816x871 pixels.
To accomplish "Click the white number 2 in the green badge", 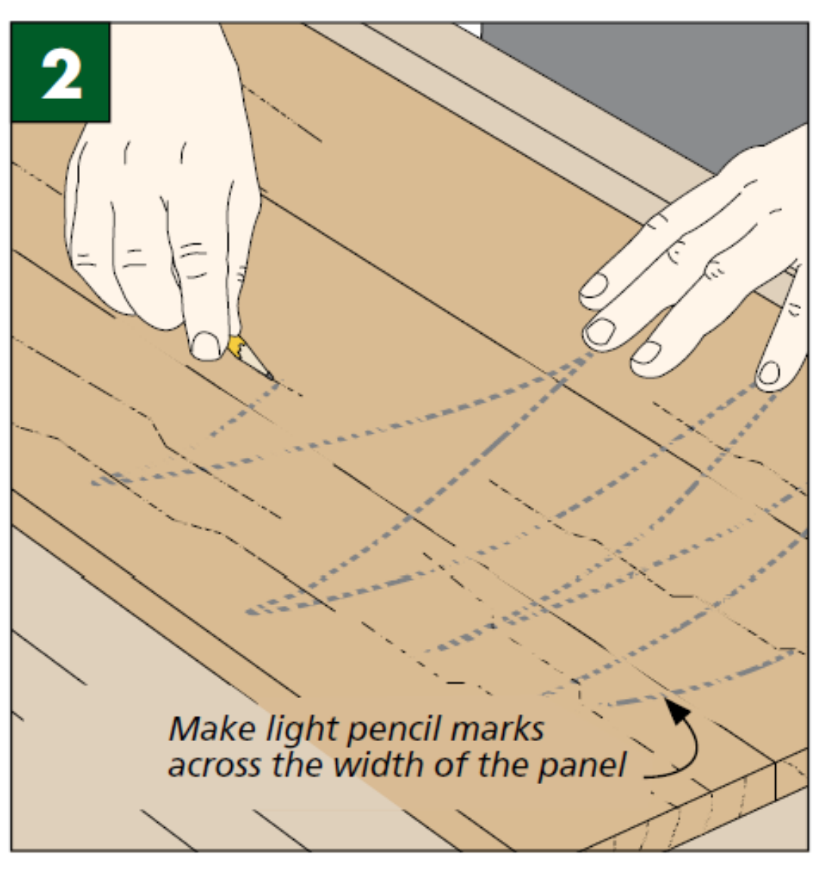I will pyautogui.click(x=61, y=73).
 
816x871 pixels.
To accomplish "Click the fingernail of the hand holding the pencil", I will pyautogui.click(x=205, y=346).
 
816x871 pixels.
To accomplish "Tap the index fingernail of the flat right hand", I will pyautogui.click(x=593, y=286).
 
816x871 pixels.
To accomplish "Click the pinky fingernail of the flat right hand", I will pyautogui.click(x=768, y=372).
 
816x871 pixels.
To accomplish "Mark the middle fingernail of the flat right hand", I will pyautogui.click(x=601, y=331).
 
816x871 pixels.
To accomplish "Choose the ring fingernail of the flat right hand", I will pyautogui.click(x=647, y=352).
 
